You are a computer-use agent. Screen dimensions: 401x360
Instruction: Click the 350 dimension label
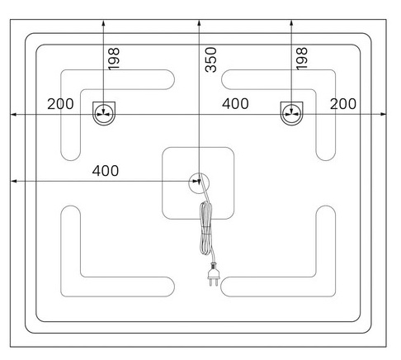pos(211,59)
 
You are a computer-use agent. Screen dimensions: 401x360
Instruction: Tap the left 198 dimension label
pos(114,59)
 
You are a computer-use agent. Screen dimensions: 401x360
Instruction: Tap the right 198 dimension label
pos(302,59)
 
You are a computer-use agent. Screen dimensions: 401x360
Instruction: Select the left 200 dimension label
pos(60,104)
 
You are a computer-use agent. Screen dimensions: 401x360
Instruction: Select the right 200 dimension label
pos(343,104)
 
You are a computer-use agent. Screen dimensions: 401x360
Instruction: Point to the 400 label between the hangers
pos(235,104)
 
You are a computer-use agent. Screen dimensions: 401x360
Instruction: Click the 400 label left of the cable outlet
pos(106,171)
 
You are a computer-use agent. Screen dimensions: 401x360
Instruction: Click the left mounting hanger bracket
pos(104,113)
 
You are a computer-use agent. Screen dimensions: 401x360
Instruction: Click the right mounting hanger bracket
pos(291,113)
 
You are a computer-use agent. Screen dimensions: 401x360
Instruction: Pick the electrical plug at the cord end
pos(213,274)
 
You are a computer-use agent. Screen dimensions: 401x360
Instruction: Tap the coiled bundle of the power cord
pos(206,229)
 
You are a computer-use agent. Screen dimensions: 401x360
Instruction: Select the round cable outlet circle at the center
pos(199,183)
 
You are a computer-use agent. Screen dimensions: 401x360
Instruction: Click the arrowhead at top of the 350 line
pos(199,22)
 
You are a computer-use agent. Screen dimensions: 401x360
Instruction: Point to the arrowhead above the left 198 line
pos(103,22)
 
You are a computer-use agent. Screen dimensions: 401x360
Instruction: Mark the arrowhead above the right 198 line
pos(291,22)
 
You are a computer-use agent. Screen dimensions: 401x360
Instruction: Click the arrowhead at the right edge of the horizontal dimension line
pos(384,114)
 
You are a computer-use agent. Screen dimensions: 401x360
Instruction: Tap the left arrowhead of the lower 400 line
pos(13,181)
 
